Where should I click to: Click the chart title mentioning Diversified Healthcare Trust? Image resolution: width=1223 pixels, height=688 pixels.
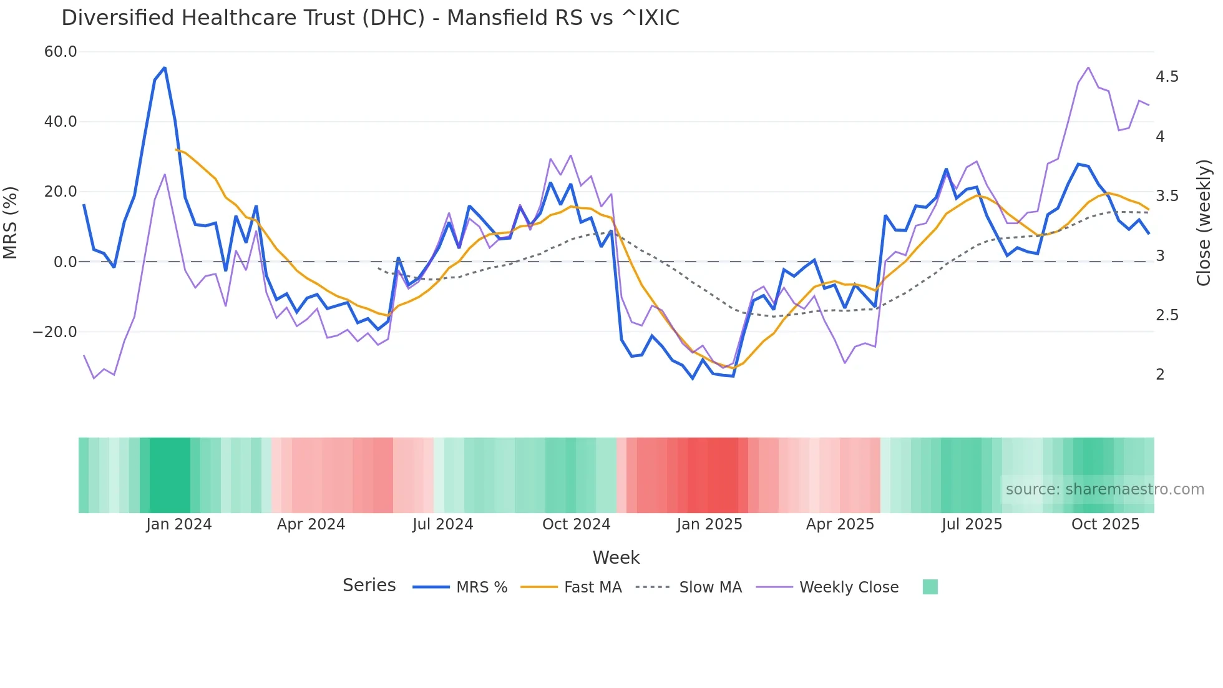[370, 18]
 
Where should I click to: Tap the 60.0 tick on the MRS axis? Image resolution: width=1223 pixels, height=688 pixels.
[61, 52]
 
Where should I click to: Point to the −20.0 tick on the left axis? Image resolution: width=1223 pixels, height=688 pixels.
[55, 332]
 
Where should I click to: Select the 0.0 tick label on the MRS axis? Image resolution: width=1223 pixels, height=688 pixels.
[65, 262]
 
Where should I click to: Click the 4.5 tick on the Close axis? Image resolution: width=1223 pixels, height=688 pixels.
[1167, 77]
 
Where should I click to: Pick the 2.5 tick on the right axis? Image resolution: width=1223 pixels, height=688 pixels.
[1167, 315]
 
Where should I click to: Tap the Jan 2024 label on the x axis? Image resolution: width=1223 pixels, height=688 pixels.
[179, 524]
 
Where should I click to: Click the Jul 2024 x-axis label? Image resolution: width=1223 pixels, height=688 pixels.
[442, 524]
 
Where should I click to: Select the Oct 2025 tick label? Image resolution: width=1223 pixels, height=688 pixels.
[1105, 524]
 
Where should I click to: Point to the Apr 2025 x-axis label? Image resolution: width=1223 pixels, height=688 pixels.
[840, 524]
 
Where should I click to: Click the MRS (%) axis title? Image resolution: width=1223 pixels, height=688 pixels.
[11, 223]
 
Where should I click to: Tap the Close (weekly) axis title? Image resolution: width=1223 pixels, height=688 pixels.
[1204, 223]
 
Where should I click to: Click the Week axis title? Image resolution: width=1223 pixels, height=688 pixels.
[616, 558]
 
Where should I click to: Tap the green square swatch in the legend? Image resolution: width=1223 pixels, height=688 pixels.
[930, 587]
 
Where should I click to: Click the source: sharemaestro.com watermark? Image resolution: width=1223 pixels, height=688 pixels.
[1104, 489]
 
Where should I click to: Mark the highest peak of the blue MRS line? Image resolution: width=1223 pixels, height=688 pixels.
[165, 67]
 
